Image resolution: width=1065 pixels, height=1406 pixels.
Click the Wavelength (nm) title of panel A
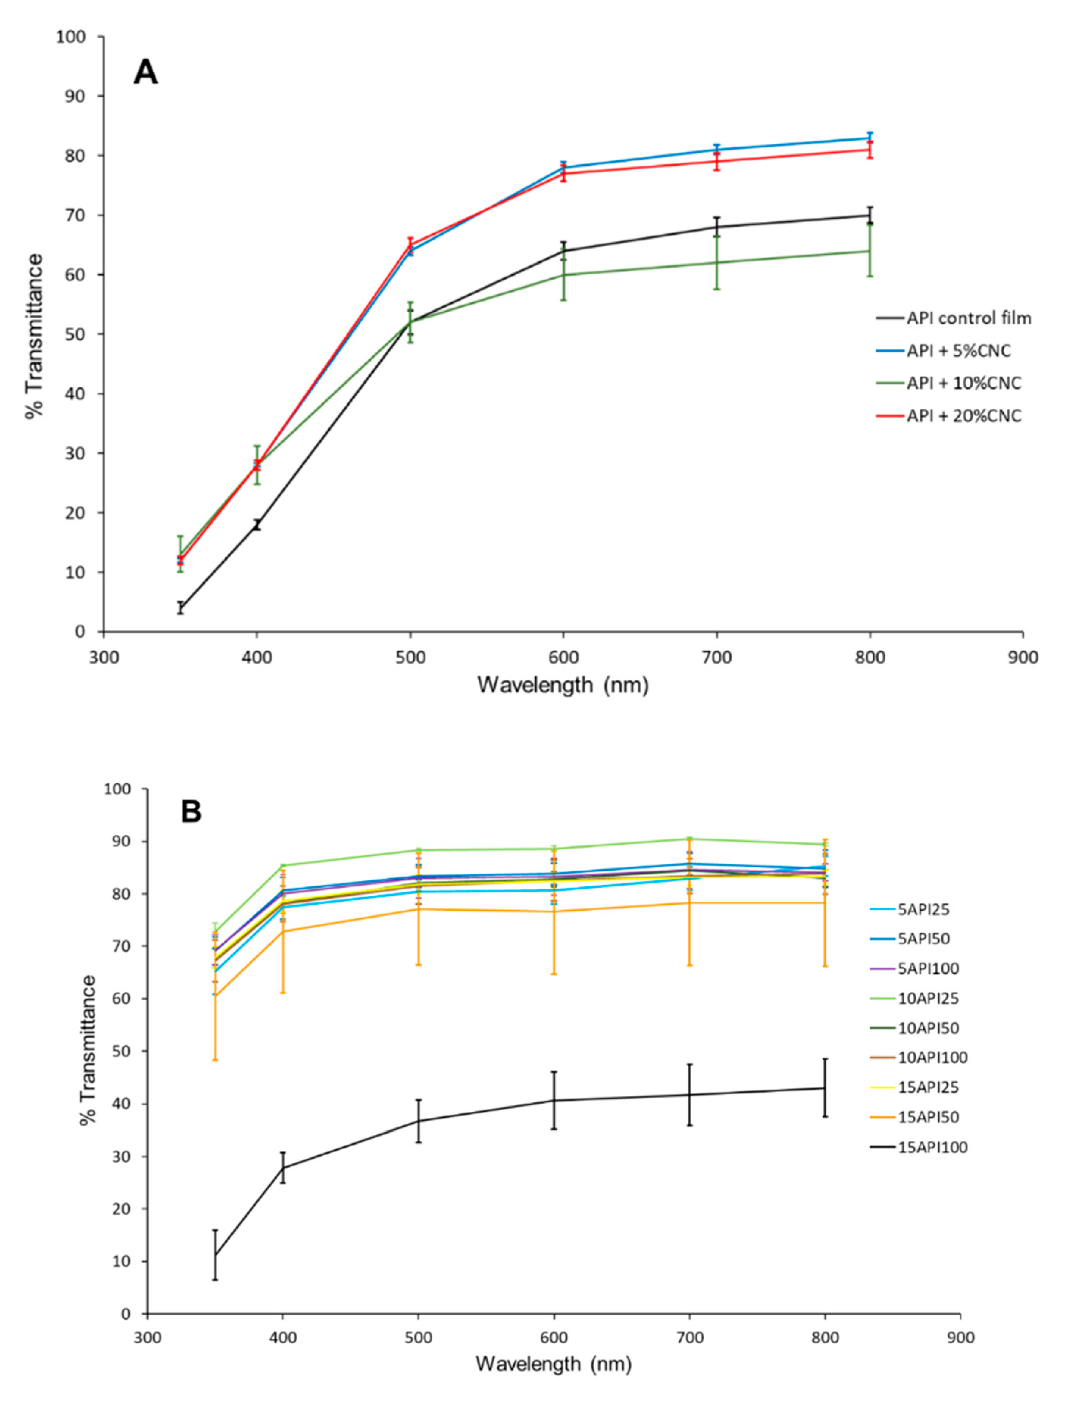tap(563, 684)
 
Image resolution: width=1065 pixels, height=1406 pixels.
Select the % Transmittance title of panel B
tap(89, 1050)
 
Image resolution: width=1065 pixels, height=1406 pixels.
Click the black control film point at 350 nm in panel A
tap(180, 607)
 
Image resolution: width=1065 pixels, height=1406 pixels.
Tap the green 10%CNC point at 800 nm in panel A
tap(869, 251)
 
